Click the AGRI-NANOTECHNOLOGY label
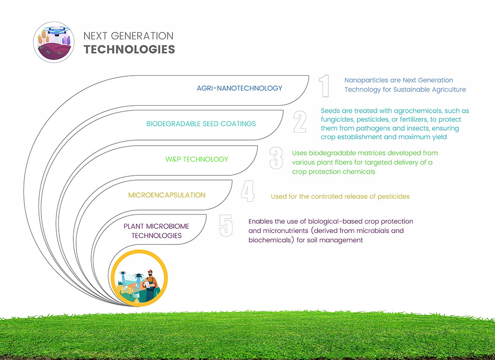(240, 88)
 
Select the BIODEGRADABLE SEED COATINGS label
(201, 124)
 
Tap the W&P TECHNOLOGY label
(197, 159)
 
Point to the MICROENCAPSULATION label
(167, 195)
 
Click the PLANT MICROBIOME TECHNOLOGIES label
(156, 231)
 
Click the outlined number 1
(324, 86)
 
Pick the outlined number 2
(300, 122)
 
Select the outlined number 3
(276, 158)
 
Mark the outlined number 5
(226, 226)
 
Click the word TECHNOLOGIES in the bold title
(129, 49)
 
